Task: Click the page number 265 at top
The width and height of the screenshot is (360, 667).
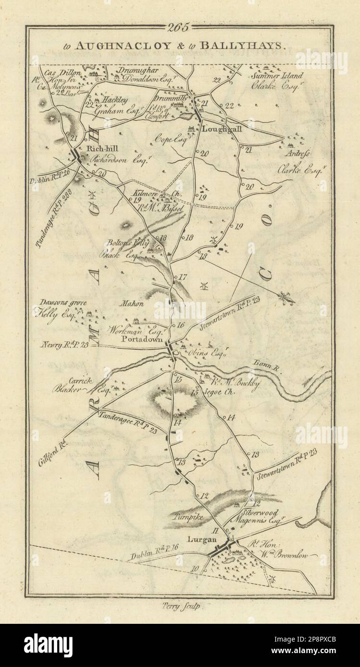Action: tap(179, 27)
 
